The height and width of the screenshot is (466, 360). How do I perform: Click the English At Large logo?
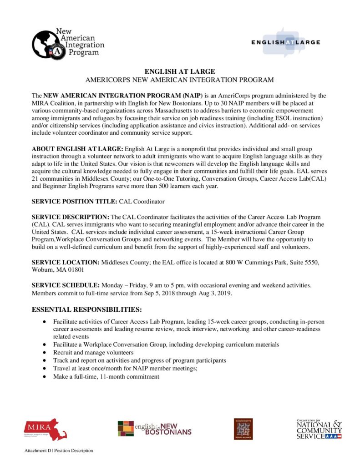[285, 42]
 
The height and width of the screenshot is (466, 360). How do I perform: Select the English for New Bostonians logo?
[154, 429]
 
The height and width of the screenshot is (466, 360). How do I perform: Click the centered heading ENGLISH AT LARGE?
[179, 71]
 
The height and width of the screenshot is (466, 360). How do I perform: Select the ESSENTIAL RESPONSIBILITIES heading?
[87, 310]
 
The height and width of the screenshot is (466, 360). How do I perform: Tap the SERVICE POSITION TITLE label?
[74, 201]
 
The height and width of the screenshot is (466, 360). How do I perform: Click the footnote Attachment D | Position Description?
[59, 451]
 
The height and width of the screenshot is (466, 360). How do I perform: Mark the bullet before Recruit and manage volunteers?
[44, 353]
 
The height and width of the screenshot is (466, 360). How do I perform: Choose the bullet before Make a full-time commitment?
[44, 377]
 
